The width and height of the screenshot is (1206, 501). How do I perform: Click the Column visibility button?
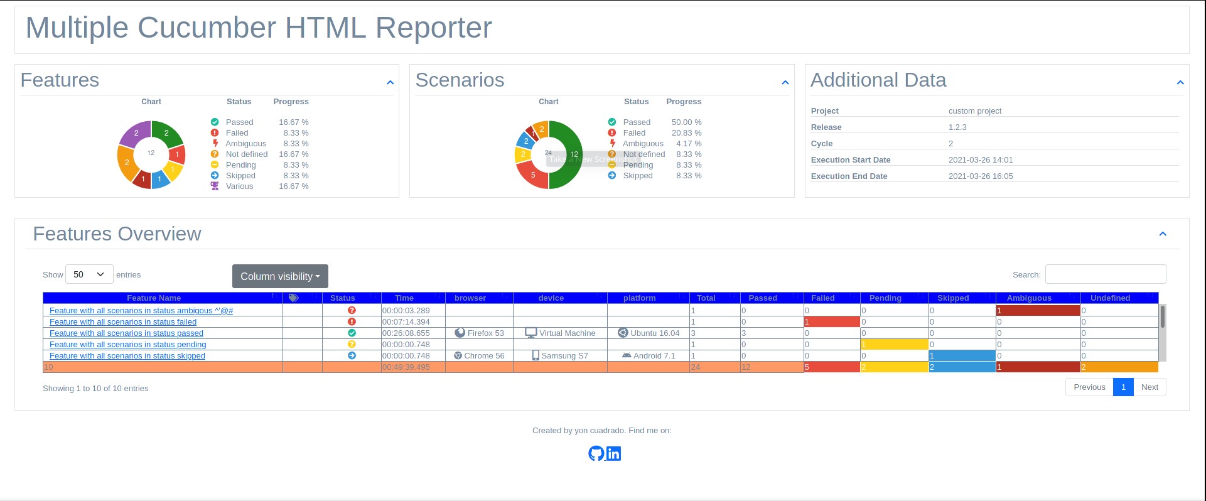click(x=280, y=276)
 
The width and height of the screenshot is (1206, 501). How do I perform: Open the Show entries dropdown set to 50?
click(x=89, y=274)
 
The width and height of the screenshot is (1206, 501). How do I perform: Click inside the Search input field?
click(x=1105, y=274)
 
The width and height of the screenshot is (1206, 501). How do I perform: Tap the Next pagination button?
click(x=1149, y=387)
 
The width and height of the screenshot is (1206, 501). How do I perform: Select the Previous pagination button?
click(x=1089, y=387)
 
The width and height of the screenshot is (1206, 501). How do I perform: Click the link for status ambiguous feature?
click(x=141, y=311)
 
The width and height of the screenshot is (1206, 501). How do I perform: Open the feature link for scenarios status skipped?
click(x=127, y=356)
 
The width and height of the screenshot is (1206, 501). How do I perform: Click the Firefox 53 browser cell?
click(x=479, y=333)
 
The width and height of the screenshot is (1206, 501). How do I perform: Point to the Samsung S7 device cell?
click(x=560, y=356)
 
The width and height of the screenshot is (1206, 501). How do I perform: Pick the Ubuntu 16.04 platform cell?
click(x=649, y=333)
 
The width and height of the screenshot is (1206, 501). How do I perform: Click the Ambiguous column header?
click(x=1029, y=298)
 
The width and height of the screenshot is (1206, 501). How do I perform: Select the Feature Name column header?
click(x=154, y=298)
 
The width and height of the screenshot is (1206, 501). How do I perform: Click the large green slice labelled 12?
click(x=568, y=154)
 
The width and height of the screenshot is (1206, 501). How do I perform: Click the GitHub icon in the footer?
click(x=596, y=453)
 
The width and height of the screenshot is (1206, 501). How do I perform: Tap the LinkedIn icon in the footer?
click(x=613, y=453)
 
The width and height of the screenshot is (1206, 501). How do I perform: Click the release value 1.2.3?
click(x=957, y=127)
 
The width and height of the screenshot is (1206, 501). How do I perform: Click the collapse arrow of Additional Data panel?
click(x=1180, y=82)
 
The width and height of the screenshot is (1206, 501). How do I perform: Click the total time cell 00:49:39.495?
click(x=406, y=367)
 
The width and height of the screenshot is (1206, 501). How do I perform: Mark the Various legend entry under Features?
click(x=239, y=186)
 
